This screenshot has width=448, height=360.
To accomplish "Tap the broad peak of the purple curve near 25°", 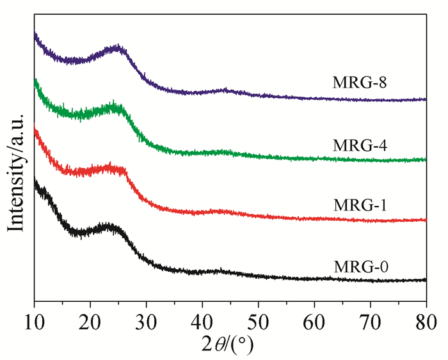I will [x=117, y=48].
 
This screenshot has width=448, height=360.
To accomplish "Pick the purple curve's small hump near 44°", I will [x=225, y=91].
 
